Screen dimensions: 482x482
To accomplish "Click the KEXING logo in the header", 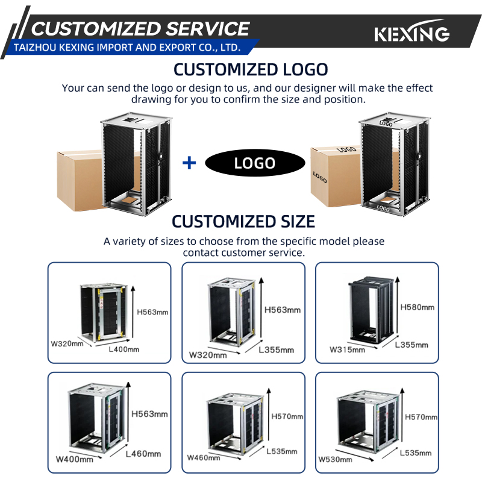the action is point(412,31).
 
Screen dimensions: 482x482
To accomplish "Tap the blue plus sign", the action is point(189,163).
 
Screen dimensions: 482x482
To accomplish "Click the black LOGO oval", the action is point(255,163).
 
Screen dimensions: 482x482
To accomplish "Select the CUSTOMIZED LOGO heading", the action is point(251,69).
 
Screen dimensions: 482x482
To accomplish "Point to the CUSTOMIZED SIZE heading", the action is point(243,221).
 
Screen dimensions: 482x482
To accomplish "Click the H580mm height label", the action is point(417,307).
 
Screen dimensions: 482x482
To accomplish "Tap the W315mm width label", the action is point(347,349).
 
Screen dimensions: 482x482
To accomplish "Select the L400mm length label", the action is point(124,349).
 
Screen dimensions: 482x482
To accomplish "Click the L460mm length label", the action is point(143,454).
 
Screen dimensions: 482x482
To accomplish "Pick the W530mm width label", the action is point(335,460).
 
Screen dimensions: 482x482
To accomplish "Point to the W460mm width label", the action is point(204,458).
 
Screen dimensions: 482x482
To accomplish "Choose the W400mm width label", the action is point(74,459).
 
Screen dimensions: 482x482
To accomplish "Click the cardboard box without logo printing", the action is point(80,181).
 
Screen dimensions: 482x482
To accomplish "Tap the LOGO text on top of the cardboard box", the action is point(346,149).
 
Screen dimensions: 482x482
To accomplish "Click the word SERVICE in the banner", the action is point(208,29).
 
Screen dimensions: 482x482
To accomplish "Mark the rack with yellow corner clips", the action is point(104,312).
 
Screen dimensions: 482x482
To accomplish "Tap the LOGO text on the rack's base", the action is point(383,208).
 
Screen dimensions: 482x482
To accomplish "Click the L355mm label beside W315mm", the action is point(412,345).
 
